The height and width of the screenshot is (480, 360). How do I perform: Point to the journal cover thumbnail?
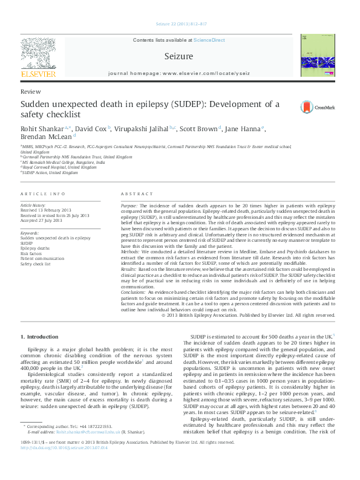pyautogui.click(x=315, y=56)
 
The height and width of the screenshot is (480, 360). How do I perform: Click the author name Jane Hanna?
pyautogui.click(x=243, y=129)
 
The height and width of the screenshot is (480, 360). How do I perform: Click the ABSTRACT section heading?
pyautogui.click(x=133, y=193)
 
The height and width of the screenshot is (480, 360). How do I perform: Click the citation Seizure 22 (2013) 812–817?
pyautogui.click(x=180, y=25)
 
